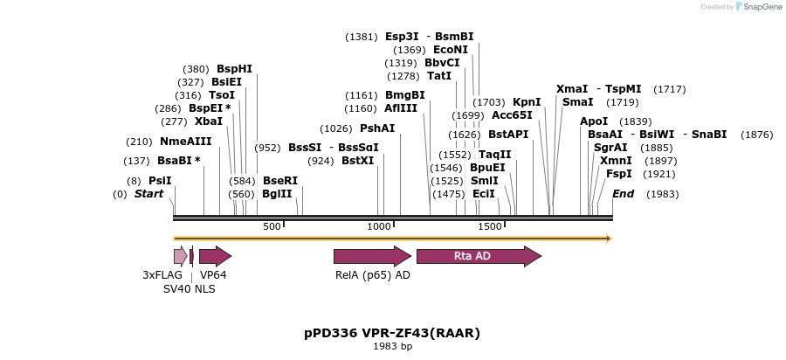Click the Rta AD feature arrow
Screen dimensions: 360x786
pyautogui.click(x=478, y=256)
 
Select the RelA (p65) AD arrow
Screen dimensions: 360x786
pyautogui.click(x=372, y=256)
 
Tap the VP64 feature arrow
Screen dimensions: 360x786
pyautogui.click(x=215, y=256)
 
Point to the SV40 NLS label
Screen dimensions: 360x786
pyautogui.click(x=189, y=288)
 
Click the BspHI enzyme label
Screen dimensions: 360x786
pyautogui.click(x=234, y=69)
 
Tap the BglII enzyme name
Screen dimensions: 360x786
pyautogui.click(x=278, y=194)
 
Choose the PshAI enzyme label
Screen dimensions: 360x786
pyautogui.click(x=377, y=128)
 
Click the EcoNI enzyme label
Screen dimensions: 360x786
pyautogui.click(x=451, y=50)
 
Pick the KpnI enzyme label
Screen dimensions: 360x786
pyautogui.click(x=527, y=102)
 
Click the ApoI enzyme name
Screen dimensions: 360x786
pyautogui.click(x=594, y=121)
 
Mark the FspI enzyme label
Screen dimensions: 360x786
pyautogui.click(x=619, y=174)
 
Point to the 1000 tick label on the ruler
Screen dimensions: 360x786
pyautogui.click(x=379, y=227)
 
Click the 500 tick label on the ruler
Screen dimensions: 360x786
pyautogui.click(x=272, y=227)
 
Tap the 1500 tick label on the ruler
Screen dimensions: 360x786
pyautogui.click(x=489, y=227)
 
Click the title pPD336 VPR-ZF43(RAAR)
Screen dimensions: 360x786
pyautogui.click(x=392, y=333)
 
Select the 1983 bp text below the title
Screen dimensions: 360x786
pyautogui.click(x=392, y=347)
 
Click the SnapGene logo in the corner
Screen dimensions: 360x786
pyautogui.click(x=757, y=7)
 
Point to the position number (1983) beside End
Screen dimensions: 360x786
pyautogui.click(x=662, y=194)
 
